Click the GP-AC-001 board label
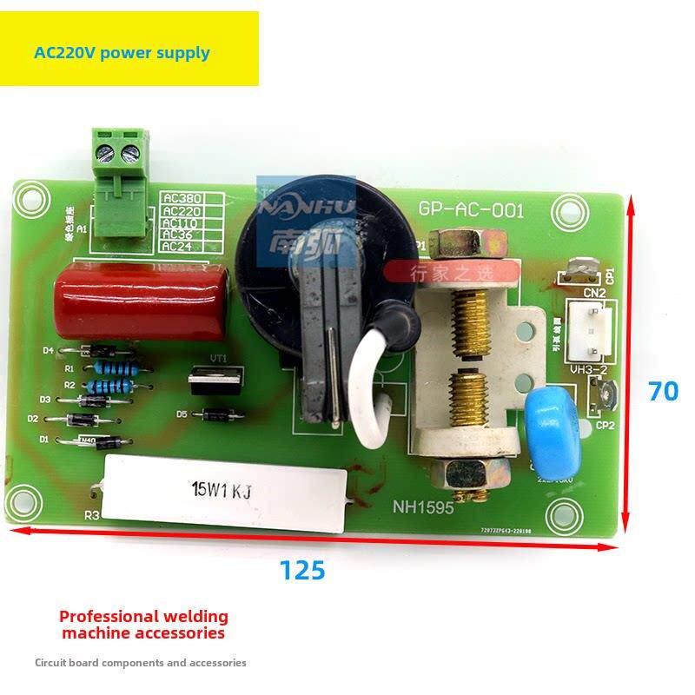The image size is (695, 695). [471, 210]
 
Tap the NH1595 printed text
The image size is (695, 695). [423, 508]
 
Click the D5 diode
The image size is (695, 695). [212, 415]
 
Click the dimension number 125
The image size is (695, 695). [301, 571]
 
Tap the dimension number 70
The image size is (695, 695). [664, 392]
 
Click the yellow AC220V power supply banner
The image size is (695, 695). [129, 49]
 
